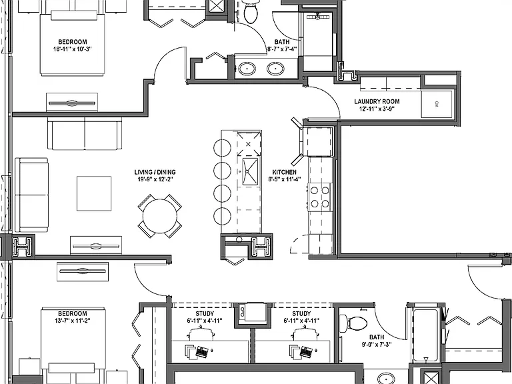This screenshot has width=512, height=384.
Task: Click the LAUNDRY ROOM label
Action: pos(377,101)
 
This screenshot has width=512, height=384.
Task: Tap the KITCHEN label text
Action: pos(285,172)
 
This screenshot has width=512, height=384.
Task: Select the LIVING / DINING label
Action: pos(155,172)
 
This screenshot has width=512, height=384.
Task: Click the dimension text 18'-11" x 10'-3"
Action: pos(73,49)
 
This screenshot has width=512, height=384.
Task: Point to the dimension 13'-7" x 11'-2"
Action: pos(73,321)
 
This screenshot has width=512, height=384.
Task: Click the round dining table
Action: pos(160,216)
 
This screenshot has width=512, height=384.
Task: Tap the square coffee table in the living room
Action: pos(94,193)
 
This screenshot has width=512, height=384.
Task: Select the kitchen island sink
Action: pos(250,171)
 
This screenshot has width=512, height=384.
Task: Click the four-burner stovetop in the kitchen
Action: pos(320,197)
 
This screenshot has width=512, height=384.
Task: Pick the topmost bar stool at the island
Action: pos(222,148)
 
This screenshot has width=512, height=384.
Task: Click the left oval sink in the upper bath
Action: pos(247,69)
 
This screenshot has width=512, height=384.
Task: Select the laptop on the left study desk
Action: pos(202,352)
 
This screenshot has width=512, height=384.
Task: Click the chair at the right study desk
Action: pos(306,334)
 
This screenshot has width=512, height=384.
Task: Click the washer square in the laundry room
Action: pos(437,104)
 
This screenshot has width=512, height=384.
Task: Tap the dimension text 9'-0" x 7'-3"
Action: pos(377,344)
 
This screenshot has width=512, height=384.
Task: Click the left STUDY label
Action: pos(205,314)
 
